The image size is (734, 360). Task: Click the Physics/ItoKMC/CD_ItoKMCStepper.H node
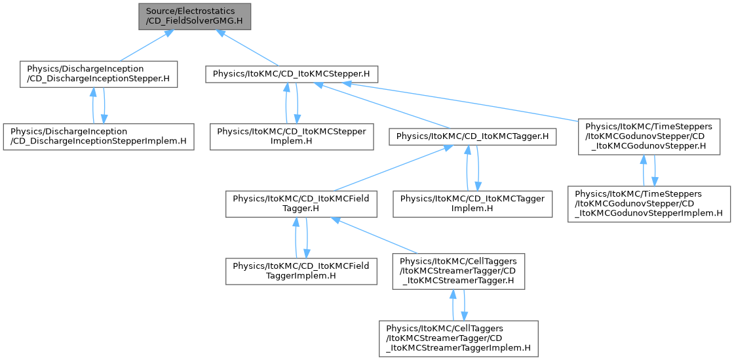click(x=292, y=73)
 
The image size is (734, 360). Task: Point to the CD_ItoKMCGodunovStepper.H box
click(x=646, y=136)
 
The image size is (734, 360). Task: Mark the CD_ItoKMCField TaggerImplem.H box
click(x=301, y=270)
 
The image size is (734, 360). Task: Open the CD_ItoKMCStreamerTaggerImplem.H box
click(x=458, y=338)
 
